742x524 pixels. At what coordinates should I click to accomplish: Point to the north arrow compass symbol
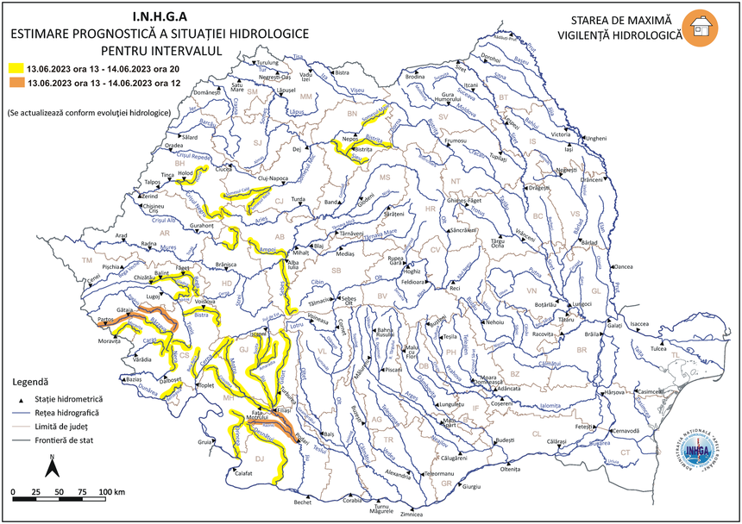(51, 469)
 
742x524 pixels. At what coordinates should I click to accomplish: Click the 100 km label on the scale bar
(112, 490)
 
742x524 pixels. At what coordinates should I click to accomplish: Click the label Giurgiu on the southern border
(470, 487)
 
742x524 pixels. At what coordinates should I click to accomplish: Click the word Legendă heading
(31, 381)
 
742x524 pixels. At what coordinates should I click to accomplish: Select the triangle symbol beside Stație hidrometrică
(19, 399)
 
